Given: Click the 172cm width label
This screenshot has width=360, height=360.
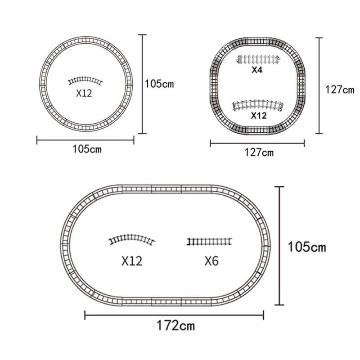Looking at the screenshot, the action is point(175,325).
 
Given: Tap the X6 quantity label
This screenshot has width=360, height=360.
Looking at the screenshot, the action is point(211,261).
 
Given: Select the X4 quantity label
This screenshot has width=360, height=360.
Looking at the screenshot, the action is point(257,70).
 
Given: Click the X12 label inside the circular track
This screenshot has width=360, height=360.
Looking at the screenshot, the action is point(84,93).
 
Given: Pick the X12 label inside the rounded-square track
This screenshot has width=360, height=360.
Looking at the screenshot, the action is point(259,116).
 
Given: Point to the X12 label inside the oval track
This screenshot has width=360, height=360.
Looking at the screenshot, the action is point(132,261).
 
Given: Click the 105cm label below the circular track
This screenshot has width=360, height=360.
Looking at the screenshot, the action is point(87,149).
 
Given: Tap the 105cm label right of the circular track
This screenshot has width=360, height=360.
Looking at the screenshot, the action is point(159,84).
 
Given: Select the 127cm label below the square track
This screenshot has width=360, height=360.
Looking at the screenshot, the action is point(259,153).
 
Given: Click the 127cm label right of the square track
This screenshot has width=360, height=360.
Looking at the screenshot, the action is point(340,90).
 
